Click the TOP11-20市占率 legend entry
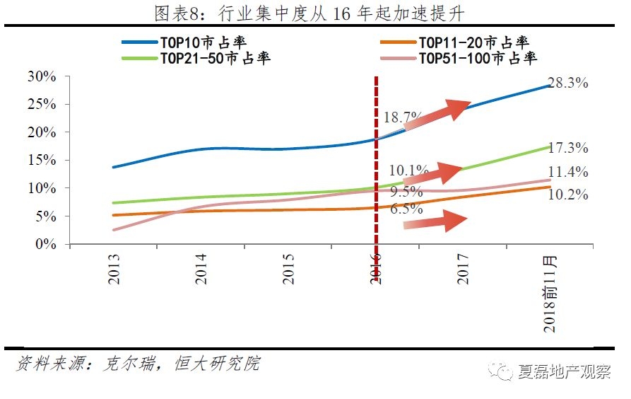click(x=473, y=43)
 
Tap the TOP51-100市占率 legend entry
click(x=478, y=58)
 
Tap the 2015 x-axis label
click(x=288, y=269)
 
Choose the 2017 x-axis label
click(x=463, y=269)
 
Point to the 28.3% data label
click(x=569, y=83)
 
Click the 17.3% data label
click(x=569, y=148)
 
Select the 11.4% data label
click(x=569, y=172)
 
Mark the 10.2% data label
click(x=569, y=195)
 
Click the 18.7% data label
click(x=403, y=117)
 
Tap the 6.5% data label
click(x=406, y=209)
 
